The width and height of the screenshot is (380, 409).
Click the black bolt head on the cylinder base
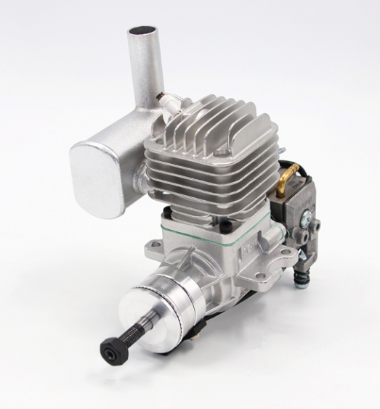pyautogui.click(x=168, y=211)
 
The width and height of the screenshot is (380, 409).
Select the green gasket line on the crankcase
pyautogui.click(x=218, y=236)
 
